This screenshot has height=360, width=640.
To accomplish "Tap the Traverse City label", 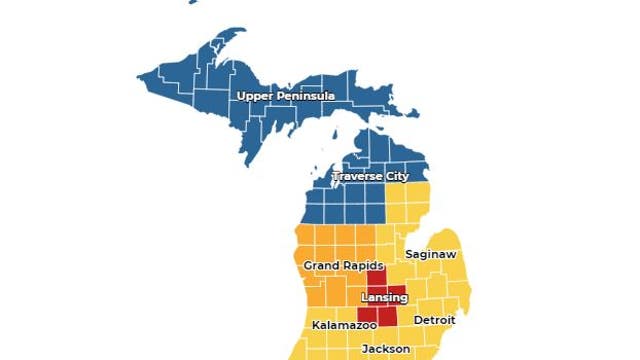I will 371,177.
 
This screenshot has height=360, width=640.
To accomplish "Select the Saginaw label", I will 431,255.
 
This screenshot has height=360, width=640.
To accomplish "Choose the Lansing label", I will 384,299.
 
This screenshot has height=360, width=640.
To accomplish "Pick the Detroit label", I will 435,320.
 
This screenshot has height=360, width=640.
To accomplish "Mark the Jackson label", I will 386,349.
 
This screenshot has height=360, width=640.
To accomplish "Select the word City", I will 397,177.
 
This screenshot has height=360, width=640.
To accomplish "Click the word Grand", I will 319,265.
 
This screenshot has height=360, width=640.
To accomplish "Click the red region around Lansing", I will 385,315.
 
